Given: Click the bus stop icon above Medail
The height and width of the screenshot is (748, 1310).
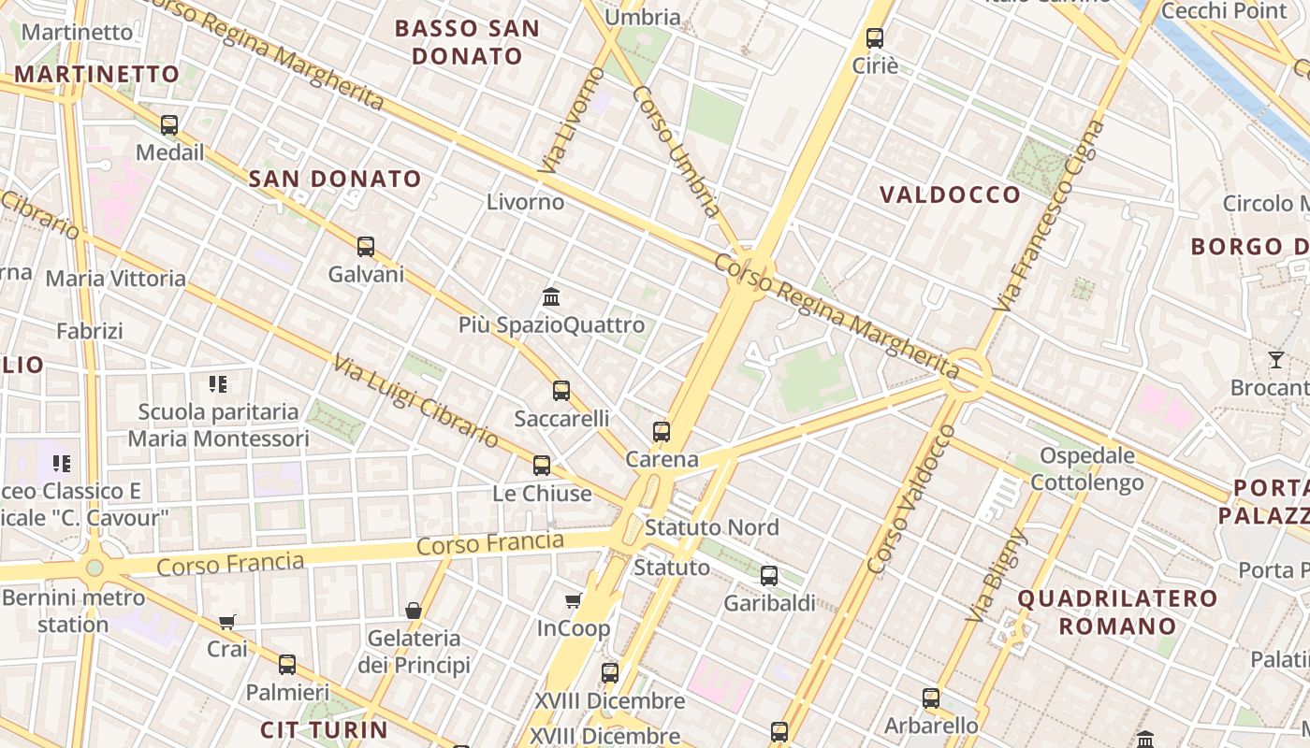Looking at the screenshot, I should (x=169, y=124).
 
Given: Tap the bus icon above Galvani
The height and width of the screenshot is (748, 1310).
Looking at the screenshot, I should (x=366, y=247).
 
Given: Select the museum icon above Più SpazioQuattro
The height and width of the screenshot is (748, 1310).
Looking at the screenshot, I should (x=551, y=297).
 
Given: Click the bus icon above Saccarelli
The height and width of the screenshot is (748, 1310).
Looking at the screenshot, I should (x=561, y=391).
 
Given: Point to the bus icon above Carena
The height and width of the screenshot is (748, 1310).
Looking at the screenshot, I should (x=662, y=432).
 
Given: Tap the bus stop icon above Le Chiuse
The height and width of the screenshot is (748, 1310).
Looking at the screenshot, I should (x=542, y=466).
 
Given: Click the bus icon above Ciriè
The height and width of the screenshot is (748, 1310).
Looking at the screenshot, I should (x=875, y=38).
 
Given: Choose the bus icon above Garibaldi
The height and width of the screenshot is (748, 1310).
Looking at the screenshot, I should (x=769, y=576).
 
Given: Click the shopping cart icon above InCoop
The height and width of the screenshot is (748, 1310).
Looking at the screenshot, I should (x=573, y=600).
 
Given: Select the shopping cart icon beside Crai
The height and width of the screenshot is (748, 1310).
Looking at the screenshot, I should (x=227, y=622).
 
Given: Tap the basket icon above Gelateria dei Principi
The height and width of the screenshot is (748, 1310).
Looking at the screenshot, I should (x=414, y=611).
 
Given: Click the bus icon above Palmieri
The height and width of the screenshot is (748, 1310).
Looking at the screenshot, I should (x=287, y=665).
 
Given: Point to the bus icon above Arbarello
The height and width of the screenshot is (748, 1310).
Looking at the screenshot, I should (x=931, y=698).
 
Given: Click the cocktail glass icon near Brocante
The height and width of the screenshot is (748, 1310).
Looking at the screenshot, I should (x=1276, y=359).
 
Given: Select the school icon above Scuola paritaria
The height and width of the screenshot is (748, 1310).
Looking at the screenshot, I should (x=218, y=383).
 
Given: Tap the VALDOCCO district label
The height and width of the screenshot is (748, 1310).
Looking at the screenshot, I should (x=950, y=194).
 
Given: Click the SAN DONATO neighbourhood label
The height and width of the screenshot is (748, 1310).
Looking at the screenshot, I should (x=335, y=179).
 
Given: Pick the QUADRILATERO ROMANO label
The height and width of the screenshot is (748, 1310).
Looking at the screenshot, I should (x=1117, y=611).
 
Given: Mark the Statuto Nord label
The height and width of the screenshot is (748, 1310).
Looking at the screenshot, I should (x=711, y=527).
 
